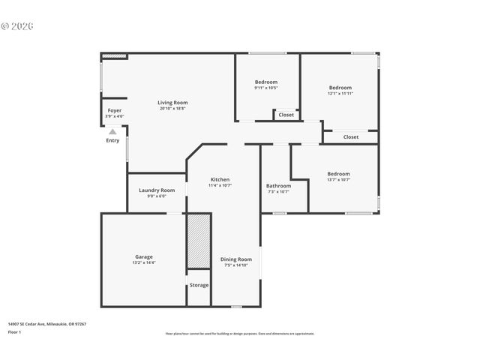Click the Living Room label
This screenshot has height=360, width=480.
click(172, 103)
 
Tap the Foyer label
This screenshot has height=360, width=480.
click(114, 110)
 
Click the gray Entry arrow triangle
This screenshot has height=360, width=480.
click(112, 132)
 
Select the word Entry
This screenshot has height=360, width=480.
click(112, 140)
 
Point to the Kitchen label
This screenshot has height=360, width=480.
click(220, 179)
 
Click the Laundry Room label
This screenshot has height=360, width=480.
click(157, 190)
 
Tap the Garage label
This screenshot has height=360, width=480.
click(144, 256)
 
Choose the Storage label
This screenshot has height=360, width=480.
click(199, 285)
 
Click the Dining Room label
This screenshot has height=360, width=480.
click(236, 259)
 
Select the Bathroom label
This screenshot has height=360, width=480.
click(278, 185)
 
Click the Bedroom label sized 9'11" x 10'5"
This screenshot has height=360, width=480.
click(266, 82)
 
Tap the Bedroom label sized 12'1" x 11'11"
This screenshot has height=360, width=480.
click(340, 88)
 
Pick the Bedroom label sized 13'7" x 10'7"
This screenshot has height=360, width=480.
click(338, 174)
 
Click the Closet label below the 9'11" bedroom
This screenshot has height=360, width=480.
click(286, 115)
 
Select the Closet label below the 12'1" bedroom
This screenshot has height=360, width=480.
click(351, 137)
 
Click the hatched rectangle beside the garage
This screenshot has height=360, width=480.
click(199, 241)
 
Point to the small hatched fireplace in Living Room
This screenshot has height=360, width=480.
click(114, 55)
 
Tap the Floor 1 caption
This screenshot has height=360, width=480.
click(15, 331)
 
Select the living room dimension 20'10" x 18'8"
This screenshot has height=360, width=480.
click(172, 109)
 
